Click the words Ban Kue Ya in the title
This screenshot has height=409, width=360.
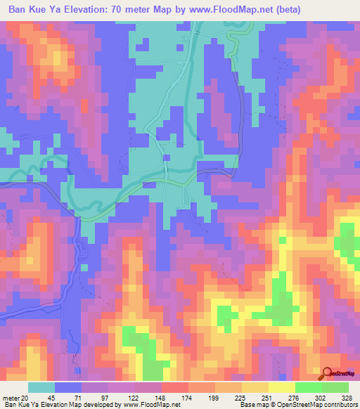click(32, 10)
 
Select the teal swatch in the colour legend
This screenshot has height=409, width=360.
click(41, 388)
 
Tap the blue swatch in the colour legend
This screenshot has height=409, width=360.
click(68, 388)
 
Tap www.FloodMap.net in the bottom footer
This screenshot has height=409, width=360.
click(150, 405)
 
